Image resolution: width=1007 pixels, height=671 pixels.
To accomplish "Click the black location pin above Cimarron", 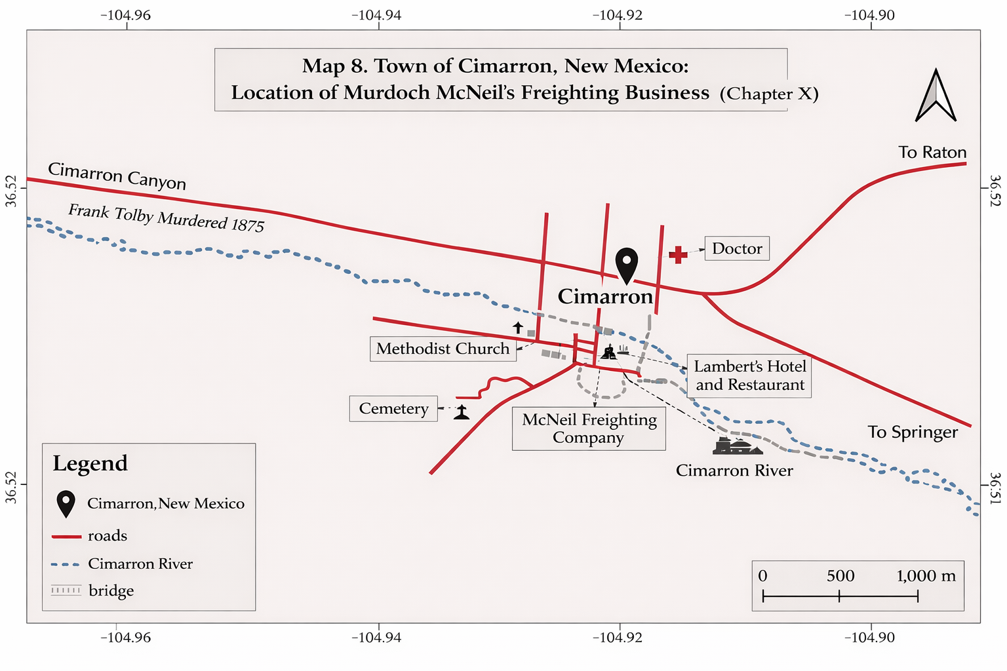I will (x=627, y=264).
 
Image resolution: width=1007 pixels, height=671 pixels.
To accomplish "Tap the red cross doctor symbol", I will (x=678, y=254).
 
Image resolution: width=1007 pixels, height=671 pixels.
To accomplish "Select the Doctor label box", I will (x=737, y=248).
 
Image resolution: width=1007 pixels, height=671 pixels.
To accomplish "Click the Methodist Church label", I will (x=443, y=349).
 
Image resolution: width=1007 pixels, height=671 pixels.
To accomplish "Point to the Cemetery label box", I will (x=393, y=409).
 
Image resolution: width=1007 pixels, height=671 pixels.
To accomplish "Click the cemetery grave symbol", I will (x=462, y=413).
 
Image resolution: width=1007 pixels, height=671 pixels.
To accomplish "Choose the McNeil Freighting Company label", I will (x=589, y=429).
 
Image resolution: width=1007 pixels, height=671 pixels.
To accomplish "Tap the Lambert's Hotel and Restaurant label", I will (x=749, y=375).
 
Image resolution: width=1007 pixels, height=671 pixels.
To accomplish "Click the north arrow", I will (x=936, y=96).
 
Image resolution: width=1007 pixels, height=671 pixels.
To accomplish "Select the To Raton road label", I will (x=932, y=153).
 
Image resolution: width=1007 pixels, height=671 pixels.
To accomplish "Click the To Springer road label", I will (x=913, y=432).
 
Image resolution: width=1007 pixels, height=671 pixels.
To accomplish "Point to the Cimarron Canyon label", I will (x=117, y=176).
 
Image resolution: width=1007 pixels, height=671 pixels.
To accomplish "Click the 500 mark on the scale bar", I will (x=840, y=576).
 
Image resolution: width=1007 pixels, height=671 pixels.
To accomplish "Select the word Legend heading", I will (x=90, y=463).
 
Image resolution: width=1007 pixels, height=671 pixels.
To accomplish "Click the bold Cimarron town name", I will (x=605, y=297).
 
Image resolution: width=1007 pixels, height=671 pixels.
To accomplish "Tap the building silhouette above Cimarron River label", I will (x=738, y=447).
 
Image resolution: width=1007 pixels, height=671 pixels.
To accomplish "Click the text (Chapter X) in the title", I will (x=768, y=94).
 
